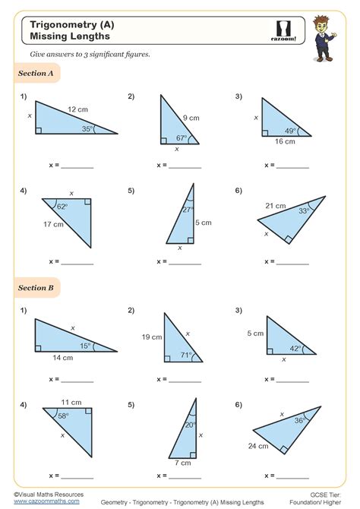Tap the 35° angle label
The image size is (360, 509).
pos(88,129)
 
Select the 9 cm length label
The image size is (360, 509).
pos(191,118)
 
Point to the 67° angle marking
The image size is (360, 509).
pos(182,138)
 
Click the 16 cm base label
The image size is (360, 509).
pos(285,141)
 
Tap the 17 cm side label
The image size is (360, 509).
pos(53,223)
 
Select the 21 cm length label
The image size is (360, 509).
pos(275,206)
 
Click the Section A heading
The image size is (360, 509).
pos(35,74)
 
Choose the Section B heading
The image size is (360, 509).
pos(35,288)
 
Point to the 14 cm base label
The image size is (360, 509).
pos(62,357)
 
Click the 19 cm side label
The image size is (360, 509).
pos(152,337)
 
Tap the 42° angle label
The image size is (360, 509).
pos(295,349)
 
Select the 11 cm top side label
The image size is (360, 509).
pos(71,402)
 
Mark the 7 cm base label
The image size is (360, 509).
pos(183,462)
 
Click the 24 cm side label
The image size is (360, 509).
pos(259,446)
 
